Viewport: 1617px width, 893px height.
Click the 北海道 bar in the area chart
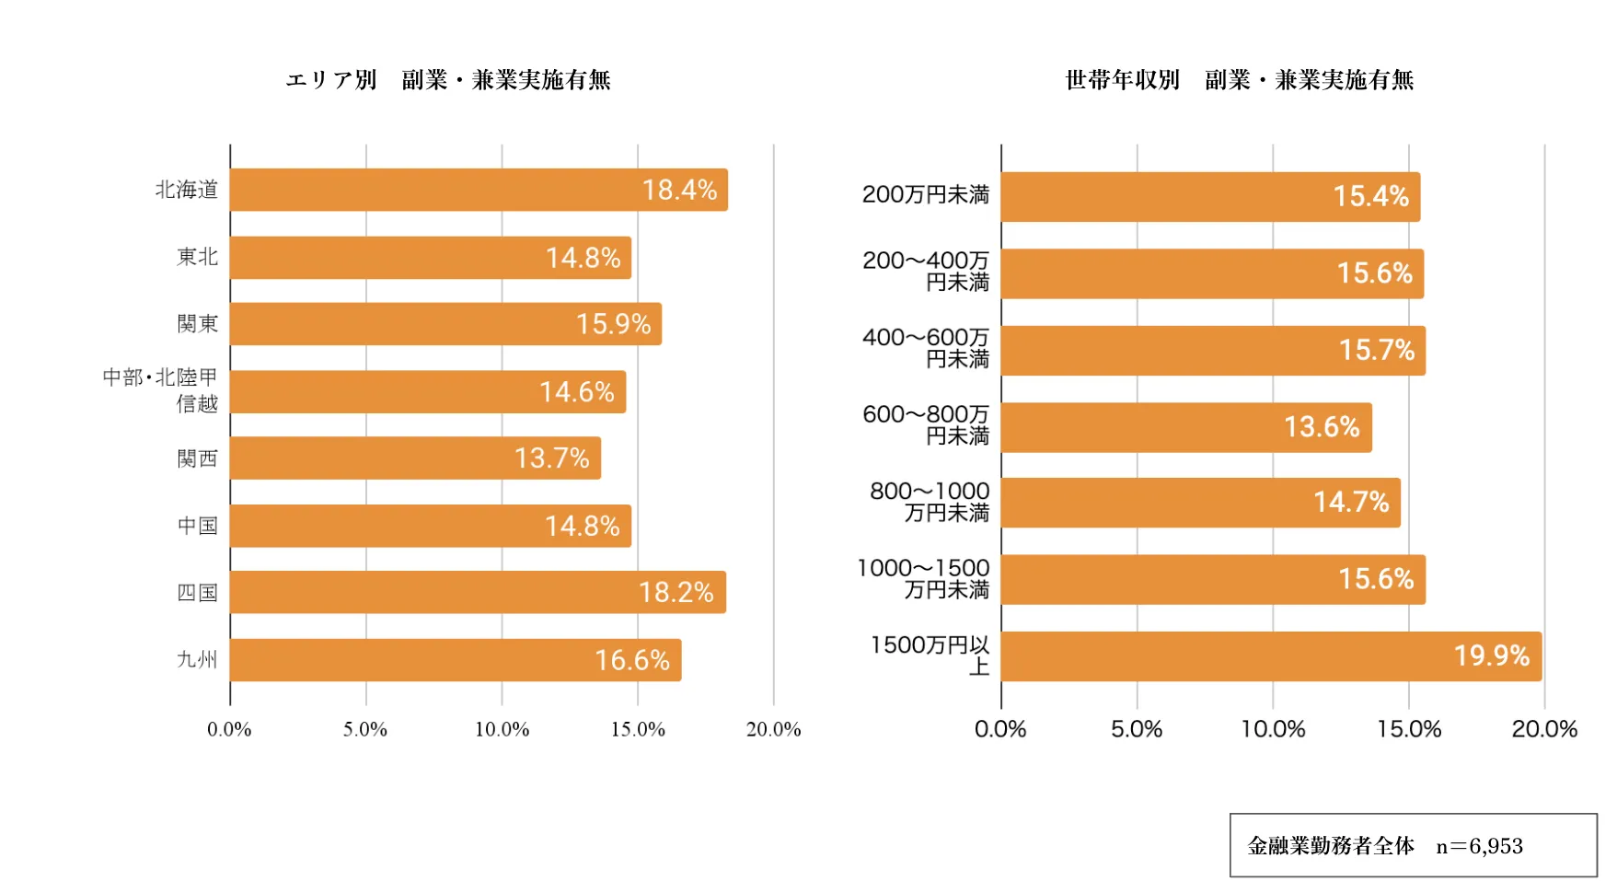pyautogui.click(x=479, y=190)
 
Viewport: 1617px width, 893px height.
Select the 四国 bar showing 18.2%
pyautogui.click(x=478, y=592)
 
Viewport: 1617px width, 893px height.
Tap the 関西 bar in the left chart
pyautogui.click(x=415, y=458)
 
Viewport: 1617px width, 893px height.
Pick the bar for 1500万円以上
pyautogui.click(x=1270, y=656)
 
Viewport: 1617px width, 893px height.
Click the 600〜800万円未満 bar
pyautogui.click(x=1185, y=427)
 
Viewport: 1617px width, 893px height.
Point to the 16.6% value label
pyautogui.click(x=631, y=660)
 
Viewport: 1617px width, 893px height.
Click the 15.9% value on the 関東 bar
pyautogui.click(x=613, y=324)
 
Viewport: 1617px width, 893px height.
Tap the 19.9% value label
pyautogui.click(x=1491, y=655)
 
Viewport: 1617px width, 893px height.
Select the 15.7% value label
pyautogui.click(x=1376, y=350)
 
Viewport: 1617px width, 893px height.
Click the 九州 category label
pyautogui.click(x=197, y=659)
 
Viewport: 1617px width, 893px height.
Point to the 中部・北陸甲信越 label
pyautogui.click(x=161, y=390)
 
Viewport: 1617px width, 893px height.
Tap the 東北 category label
pyautogui.click(x=197, y=257)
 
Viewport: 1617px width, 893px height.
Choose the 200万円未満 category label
pyautogui.click(x=925, y=195)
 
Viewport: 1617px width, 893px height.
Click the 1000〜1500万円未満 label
pyautogui.click(x=923, y=578)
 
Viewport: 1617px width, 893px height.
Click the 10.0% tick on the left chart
pyautogui.click(x=502, y=730)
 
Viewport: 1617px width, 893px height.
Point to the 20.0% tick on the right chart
pyautogui.click(x=1544, y=730)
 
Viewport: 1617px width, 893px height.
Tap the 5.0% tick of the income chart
pyautogui.click(x=1137, y=730)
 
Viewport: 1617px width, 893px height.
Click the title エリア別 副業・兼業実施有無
pyautogui.click(x=448, y=80)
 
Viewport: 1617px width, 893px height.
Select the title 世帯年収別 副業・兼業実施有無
pyautogui.click(x=1239, y=80)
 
